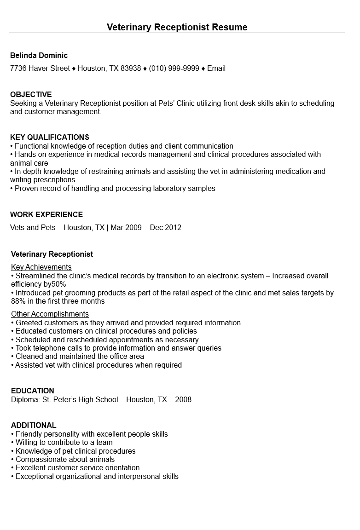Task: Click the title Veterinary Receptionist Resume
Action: (x=177, y=27)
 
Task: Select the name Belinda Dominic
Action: (x=39, y=55)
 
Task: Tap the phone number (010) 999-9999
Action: (x=174, y=69)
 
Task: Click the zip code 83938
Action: (x=131, y=69)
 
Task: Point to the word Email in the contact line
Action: (x=216, y=69)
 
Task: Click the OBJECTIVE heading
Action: (x=31, y=94)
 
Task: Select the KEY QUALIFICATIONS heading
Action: (x=50, y=137)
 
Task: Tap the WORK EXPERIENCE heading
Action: (x=46, y=214)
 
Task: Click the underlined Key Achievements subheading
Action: (x=41, y=267)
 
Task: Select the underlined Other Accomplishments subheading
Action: (x=50, y=314)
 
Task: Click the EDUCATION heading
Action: (x=33, y=391)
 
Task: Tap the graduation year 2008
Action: (x=183, y=399)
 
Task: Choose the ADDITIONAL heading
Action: (x=34, y=425)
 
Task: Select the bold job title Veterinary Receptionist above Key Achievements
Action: (x=52, y=254)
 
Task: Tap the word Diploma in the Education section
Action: (x=24, y=399)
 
